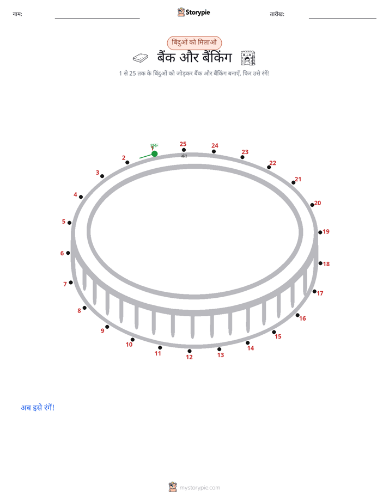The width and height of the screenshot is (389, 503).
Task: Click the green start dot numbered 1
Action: click(154, 154)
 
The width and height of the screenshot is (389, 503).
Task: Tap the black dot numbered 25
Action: click(184, 150)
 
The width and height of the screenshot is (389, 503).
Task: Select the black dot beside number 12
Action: click(190, 351)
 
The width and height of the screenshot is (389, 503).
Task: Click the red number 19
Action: click(326, 231)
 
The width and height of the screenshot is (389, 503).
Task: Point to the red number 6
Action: click(62, 254)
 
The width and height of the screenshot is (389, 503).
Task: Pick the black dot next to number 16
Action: click(297, 315)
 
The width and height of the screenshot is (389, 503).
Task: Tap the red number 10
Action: click(129, 345)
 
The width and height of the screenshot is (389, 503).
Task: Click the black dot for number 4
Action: click(81, 197)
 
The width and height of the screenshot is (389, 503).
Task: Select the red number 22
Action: click(273, 163)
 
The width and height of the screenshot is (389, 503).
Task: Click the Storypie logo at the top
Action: click(193, 12)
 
